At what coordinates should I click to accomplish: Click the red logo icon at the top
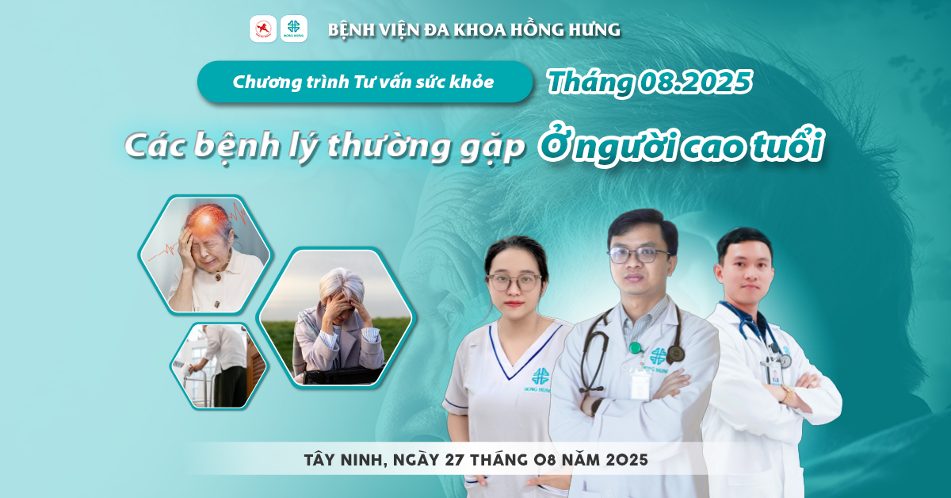click(x=263, y=29)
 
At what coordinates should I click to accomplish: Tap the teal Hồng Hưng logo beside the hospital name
click(x=294, y=29)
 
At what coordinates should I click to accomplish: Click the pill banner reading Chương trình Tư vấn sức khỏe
click(x=365, y=82)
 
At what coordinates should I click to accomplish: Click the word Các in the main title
click(x=155, y=146)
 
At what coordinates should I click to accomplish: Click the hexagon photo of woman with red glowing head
click(x=204, y=255)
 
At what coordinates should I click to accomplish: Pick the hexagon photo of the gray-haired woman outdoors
click(x=335, y=317)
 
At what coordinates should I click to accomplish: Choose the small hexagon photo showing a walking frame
click(x=218, y=366)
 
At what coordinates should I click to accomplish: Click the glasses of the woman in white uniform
click(x=514, y=282)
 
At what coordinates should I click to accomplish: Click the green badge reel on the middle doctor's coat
click(x=635, y=348)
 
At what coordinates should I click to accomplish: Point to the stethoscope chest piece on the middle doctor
click(x=674, y=354)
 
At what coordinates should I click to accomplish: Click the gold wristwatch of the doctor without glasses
click(x=788, y=393)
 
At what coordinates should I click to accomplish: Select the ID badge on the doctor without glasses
click(x=776, y=375)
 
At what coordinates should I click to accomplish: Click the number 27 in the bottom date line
click(x=455, y=460)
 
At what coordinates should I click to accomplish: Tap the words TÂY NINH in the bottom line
click(x=344, y=460)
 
